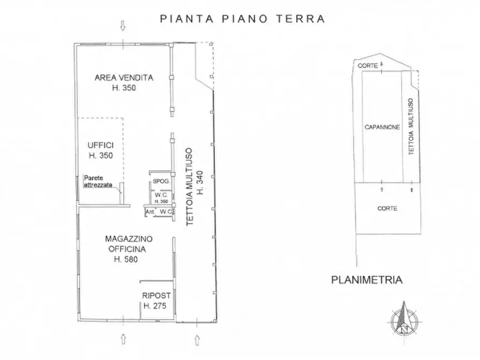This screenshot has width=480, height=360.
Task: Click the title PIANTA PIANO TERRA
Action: [242, 19]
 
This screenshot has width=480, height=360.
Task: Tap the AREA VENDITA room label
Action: [124, 77]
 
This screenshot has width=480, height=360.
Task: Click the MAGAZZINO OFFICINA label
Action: [129, 243]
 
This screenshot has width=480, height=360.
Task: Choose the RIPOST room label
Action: [156, 296]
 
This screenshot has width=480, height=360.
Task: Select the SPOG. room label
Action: [161, 182]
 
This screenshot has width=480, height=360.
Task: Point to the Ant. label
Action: [150, 212]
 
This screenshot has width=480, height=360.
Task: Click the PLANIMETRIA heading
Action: [367, 279]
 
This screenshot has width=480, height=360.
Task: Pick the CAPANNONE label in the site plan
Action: [382, 127]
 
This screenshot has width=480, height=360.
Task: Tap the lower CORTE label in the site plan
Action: [387, 208]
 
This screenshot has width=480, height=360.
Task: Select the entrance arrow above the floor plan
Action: [124, 25]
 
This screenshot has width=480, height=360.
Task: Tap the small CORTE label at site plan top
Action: [367, 66]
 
